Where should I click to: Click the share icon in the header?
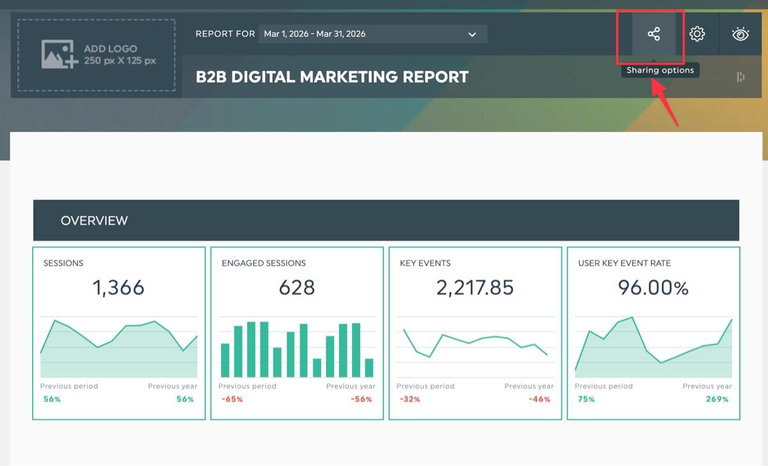tap(654, 34)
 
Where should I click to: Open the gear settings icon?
tap(697, 34)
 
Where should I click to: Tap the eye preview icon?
tap(740, 34)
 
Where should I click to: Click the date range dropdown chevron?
tap(472, 35)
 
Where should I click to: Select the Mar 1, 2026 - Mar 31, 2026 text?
tap(314, 34)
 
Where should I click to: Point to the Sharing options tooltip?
tap(660, 70)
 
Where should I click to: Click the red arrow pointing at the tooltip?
tap(665, 102)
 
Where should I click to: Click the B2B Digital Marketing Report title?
tap(332, 77)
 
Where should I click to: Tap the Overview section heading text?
tap(94, 220)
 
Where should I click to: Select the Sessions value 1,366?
tap(118, 287)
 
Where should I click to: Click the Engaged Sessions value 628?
tap(296, 287)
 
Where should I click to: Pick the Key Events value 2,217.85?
tap(475, 287)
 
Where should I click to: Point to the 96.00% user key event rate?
tap(653, 287)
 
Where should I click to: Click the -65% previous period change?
tap(232, 399)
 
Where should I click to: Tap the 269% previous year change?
tap(717, 399)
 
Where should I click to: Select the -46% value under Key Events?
tap(540, 399)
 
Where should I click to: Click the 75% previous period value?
tap(586, 399)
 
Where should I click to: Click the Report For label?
tap(225, 34)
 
